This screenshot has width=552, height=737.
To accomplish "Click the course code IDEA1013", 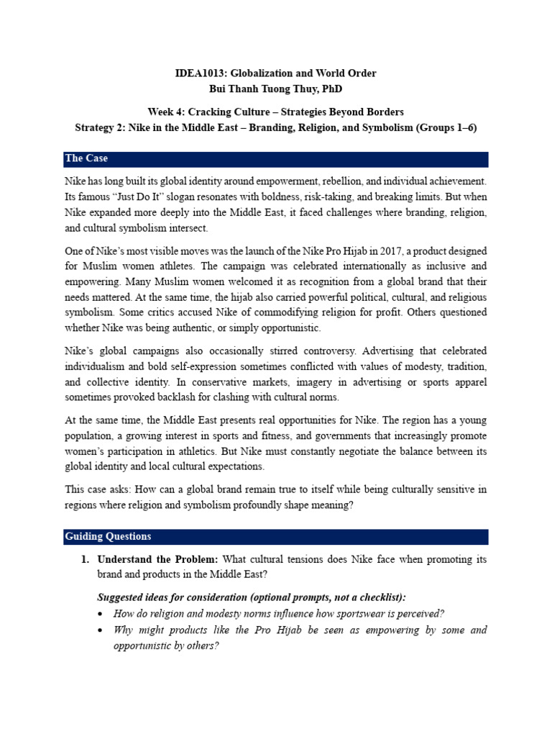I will coord(199,73).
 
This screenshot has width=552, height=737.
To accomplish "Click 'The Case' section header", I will coord(86,158).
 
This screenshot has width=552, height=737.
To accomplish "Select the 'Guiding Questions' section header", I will coord(108,536).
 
